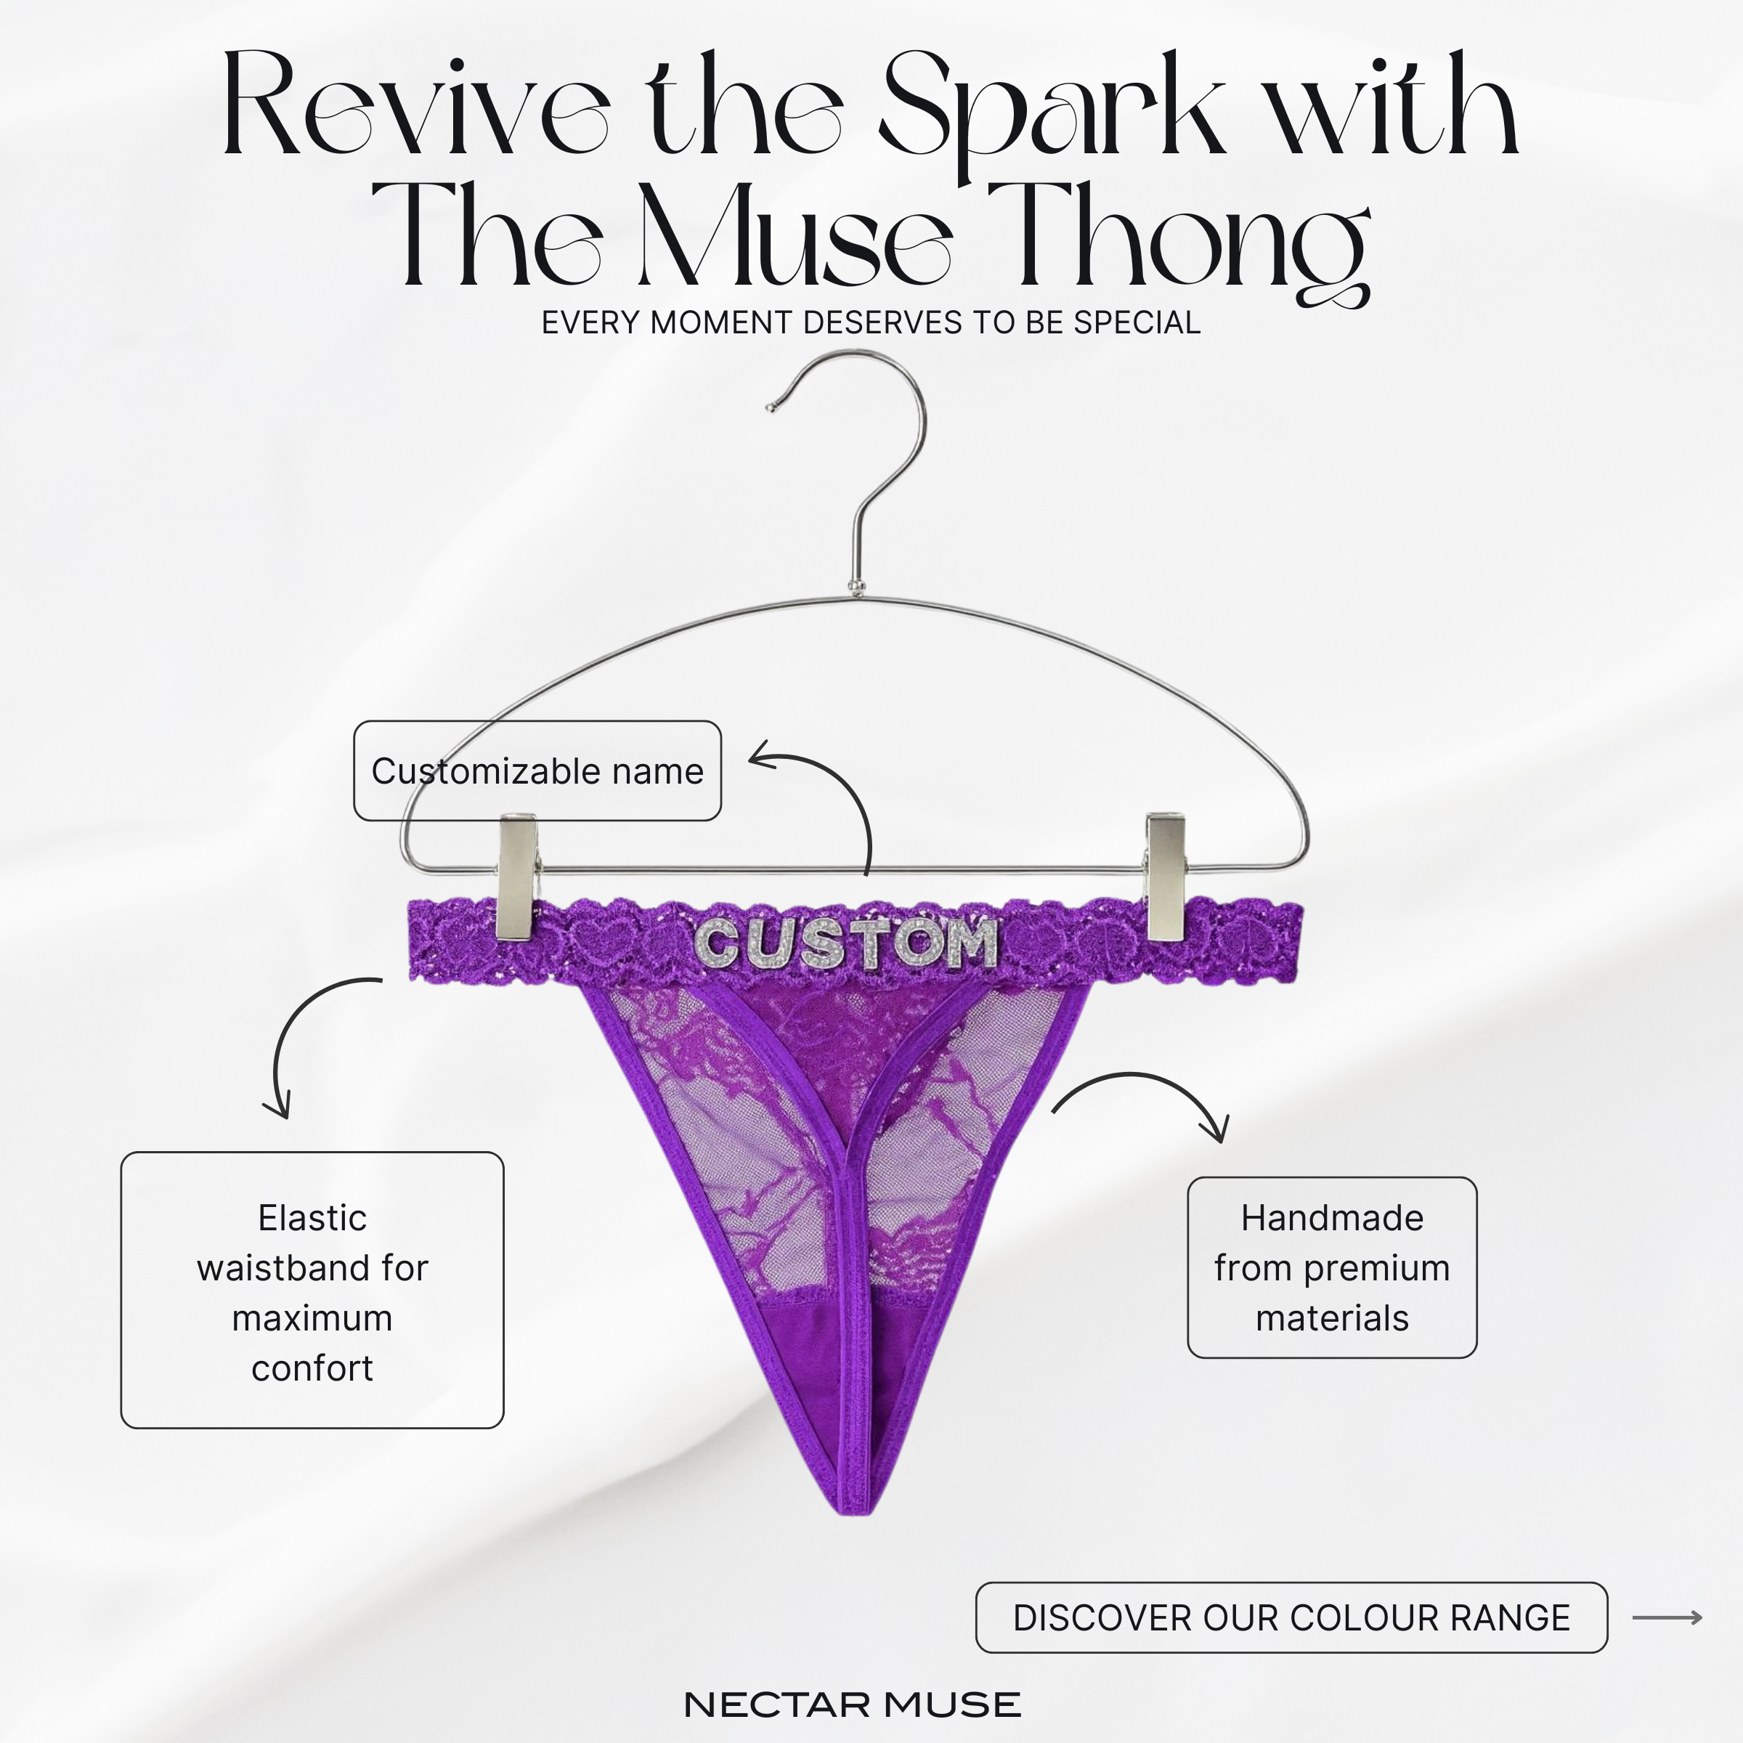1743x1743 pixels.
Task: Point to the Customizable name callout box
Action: tap(537, 771)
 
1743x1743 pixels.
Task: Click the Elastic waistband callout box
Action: tap(312, 1290)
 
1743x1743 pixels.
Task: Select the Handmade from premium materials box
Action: tap(1332, 1267)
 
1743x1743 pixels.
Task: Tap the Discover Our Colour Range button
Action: tap(1291, 1617)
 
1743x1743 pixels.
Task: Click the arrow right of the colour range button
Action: tap(1667, 1617)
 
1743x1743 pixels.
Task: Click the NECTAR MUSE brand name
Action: tap(853, 1705)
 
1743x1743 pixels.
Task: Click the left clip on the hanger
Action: tap(516, 875)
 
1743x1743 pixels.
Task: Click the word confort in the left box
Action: tap(312, 1368)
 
